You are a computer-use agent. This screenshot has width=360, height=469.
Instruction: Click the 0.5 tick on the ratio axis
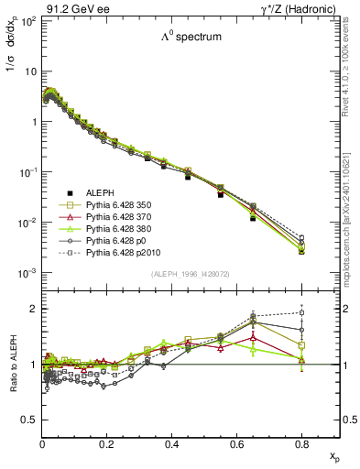tap(31, 420)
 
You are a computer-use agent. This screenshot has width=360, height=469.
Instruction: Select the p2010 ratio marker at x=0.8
tap(301, 312)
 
